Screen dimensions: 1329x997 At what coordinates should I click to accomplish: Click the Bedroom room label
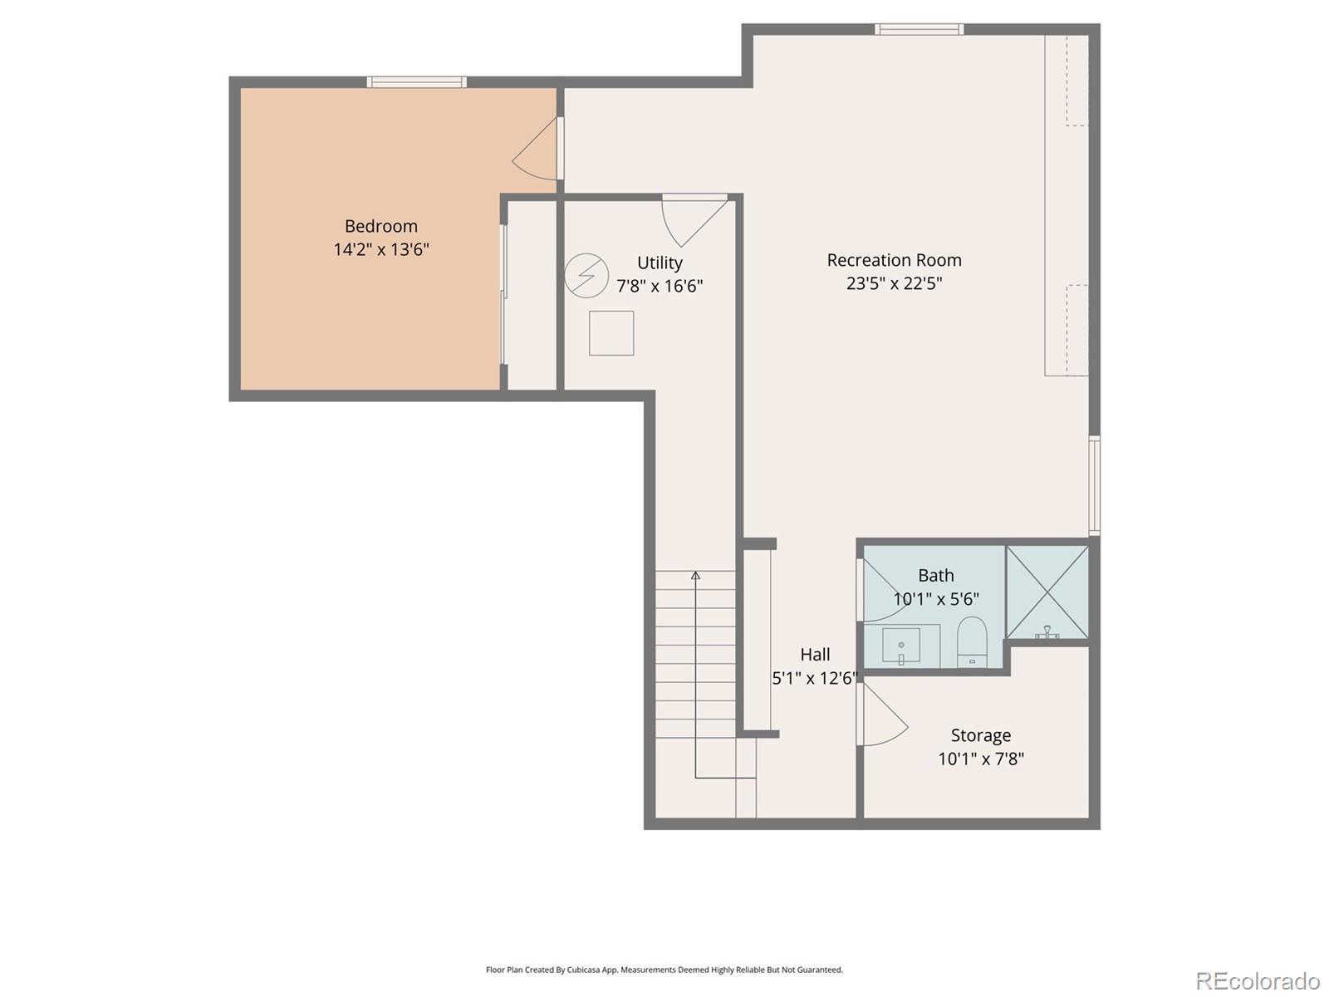(x=380, y=226)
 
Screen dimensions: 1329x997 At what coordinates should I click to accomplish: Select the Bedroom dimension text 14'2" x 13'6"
(x=380, y=249)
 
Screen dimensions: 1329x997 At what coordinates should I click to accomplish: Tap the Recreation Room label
(x=894, y=260)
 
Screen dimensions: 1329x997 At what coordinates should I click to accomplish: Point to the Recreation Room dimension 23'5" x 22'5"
(x=894, y=283)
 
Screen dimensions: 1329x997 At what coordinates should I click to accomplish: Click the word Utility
(x=660, y=263)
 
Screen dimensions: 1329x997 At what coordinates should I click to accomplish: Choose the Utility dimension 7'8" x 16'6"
(x=660, y=286)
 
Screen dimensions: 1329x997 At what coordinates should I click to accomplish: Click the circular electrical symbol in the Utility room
(x=586, y=276)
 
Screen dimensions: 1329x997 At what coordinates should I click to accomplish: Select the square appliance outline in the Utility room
(x=611, y=333)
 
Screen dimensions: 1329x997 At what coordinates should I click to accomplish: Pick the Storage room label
(x=980, y=735)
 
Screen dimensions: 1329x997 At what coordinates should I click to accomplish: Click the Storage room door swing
(x=883, y=715)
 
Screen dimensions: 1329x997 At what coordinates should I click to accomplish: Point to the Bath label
(x=935, y=575)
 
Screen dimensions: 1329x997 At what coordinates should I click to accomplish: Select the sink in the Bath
(x=901, y=646)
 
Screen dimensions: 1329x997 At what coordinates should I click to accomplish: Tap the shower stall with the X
(x=1047, y=592)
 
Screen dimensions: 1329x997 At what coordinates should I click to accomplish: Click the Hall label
(x=815, y=655)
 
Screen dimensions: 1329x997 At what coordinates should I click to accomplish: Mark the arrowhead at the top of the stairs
(x=696, y=575)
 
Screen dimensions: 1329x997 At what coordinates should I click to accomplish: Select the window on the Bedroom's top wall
(x=417, y=82)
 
